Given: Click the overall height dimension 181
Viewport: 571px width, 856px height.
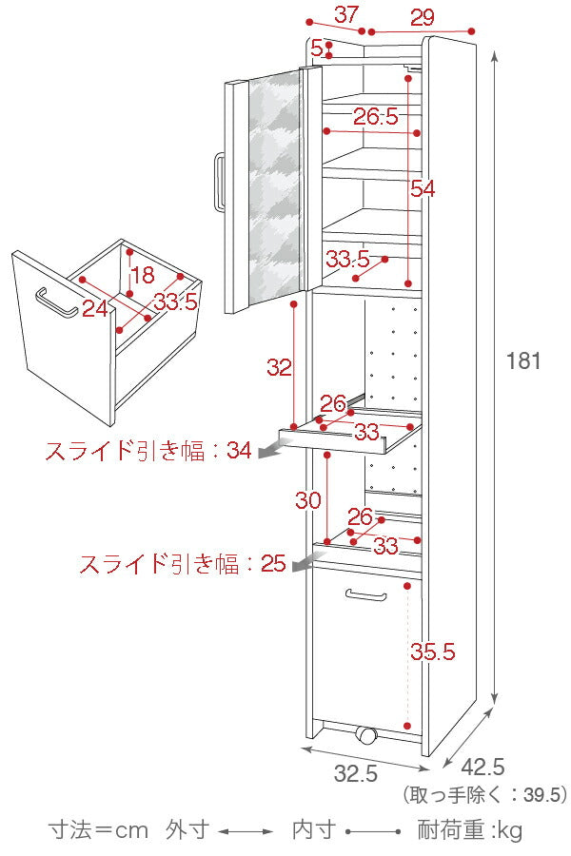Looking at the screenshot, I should point(523,361).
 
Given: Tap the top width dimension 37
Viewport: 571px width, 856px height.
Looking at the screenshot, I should point(346,14).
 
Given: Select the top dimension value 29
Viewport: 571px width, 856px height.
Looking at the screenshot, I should point(423,16).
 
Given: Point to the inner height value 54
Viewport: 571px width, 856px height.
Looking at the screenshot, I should point(422,189).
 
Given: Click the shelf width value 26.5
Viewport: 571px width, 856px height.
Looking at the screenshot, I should point(376,118).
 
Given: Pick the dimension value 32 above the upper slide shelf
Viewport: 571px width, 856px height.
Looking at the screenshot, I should point(279,368).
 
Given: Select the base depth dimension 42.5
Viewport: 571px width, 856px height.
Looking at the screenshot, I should point(482,767).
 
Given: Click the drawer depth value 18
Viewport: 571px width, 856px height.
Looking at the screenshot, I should point(142,276).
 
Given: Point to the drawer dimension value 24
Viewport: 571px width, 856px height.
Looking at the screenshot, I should point(94,307).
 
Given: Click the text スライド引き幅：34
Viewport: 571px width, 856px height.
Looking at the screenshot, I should point(148,452).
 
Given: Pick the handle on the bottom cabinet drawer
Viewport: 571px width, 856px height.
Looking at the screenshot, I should point(366,595).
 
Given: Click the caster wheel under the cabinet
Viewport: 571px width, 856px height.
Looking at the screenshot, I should point(365,735).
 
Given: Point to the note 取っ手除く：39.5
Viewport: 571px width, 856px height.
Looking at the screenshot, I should point(484,794).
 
